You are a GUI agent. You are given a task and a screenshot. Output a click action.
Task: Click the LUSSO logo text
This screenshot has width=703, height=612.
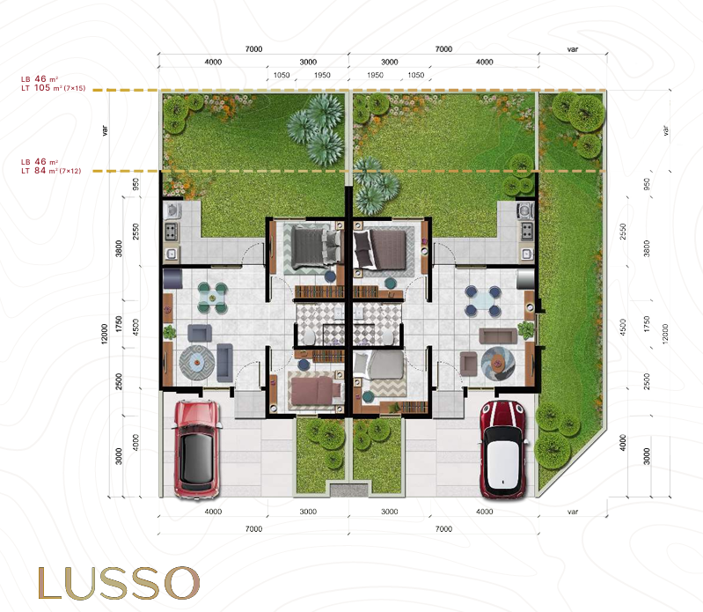point(119,582)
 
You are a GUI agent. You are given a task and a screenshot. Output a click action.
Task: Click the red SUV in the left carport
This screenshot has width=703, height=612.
point(197,450)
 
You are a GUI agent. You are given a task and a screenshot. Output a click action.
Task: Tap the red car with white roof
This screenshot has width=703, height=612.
point(502,450)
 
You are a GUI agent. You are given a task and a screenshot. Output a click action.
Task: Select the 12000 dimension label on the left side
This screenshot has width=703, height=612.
point(105,335)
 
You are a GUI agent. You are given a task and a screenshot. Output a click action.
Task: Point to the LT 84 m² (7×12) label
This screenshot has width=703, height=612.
point(51,171)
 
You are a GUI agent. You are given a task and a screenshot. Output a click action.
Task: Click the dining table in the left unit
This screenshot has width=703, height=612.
point(213,297)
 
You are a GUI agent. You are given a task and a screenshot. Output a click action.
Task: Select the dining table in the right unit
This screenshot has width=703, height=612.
point(482,300)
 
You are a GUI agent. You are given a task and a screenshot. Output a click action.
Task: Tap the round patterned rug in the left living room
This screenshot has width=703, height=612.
point(197,361)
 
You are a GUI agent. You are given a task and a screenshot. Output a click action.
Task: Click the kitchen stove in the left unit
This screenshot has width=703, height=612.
point(171,232)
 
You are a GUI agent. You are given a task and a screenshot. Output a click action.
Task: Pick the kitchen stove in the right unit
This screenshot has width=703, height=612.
point(527,231)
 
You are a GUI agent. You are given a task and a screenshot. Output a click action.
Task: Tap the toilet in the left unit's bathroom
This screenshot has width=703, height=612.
point(310,335)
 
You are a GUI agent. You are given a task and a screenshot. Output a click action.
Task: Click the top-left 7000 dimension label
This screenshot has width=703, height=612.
point(253,49)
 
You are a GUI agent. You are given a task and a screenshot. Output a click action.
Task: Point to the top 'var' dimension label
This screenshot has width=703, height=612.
point(573,49)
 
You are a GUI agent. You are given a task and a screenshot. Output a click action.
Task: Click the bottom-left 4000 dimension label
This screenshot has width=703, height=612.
point(213,512)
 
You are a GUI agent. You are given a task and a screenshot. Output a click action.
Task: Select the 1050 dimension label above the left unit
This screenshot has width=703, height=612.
point(282,75)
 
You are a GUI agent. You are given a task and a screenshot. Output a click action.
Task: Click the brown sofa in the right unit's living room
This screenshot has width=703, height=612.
point(498,335)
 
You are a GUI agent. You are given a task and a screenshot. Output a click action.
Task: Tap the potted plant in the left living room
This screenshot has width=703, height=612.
point(170,333)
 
